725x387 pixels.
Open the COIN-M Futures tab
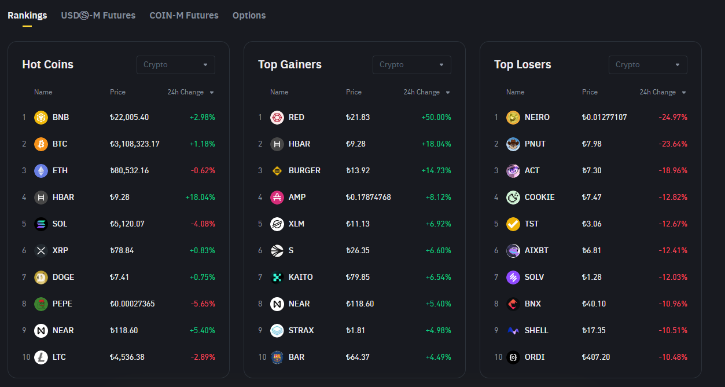pyautogui.click(x=184, y=16)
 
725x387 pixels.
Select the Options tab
pyautogui.click(x=249, y=16)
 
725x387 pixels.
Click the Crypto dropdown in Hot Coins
pyautogui.click(x=176, y=65)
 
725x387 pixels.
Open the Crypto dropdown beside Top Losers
pyautogui.click(x=647, y=65)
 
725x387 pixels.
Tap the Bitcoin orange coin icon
pyautogui.click(x=41, y=144)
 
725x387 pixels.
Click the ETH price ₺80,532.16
pyautogui.click(x=129, y=170)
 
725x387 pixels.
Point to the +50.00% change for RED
pyautogui.click(x=436, y=117)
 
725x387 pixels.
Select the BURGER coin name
pyautogui.click(x=304, y=170)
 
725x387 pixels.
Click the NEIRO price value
pyautogui.click(x=604, y=117)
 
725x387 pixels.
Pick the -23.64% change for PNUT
pyautogui.click(x=672, y=144)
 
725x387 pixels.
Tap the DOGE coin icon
pyautogui.click(x=41, y=277)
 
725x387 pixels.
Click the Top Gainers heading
pyautogui.click(x=290, y=65)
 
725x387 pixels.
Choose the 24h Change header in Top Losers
pyautogui.click(x=657, y=92)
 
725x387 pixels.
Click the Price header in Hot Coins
pyautogui.click(x=117, y=92)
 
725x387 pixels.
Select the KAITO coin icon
pyautogui.click(x=277, y=277)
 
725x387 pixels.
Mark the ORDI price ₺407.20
pyautogui.click(x=596, y=357)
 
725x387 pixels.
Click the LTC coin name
pyautogui.click(x=59, y=357)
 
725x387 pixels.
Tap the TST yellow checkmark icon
pyautogui.click(x=513, y=224)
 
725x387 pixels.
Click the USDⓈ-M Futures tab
pyautogui.click(x=98, y=16)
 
